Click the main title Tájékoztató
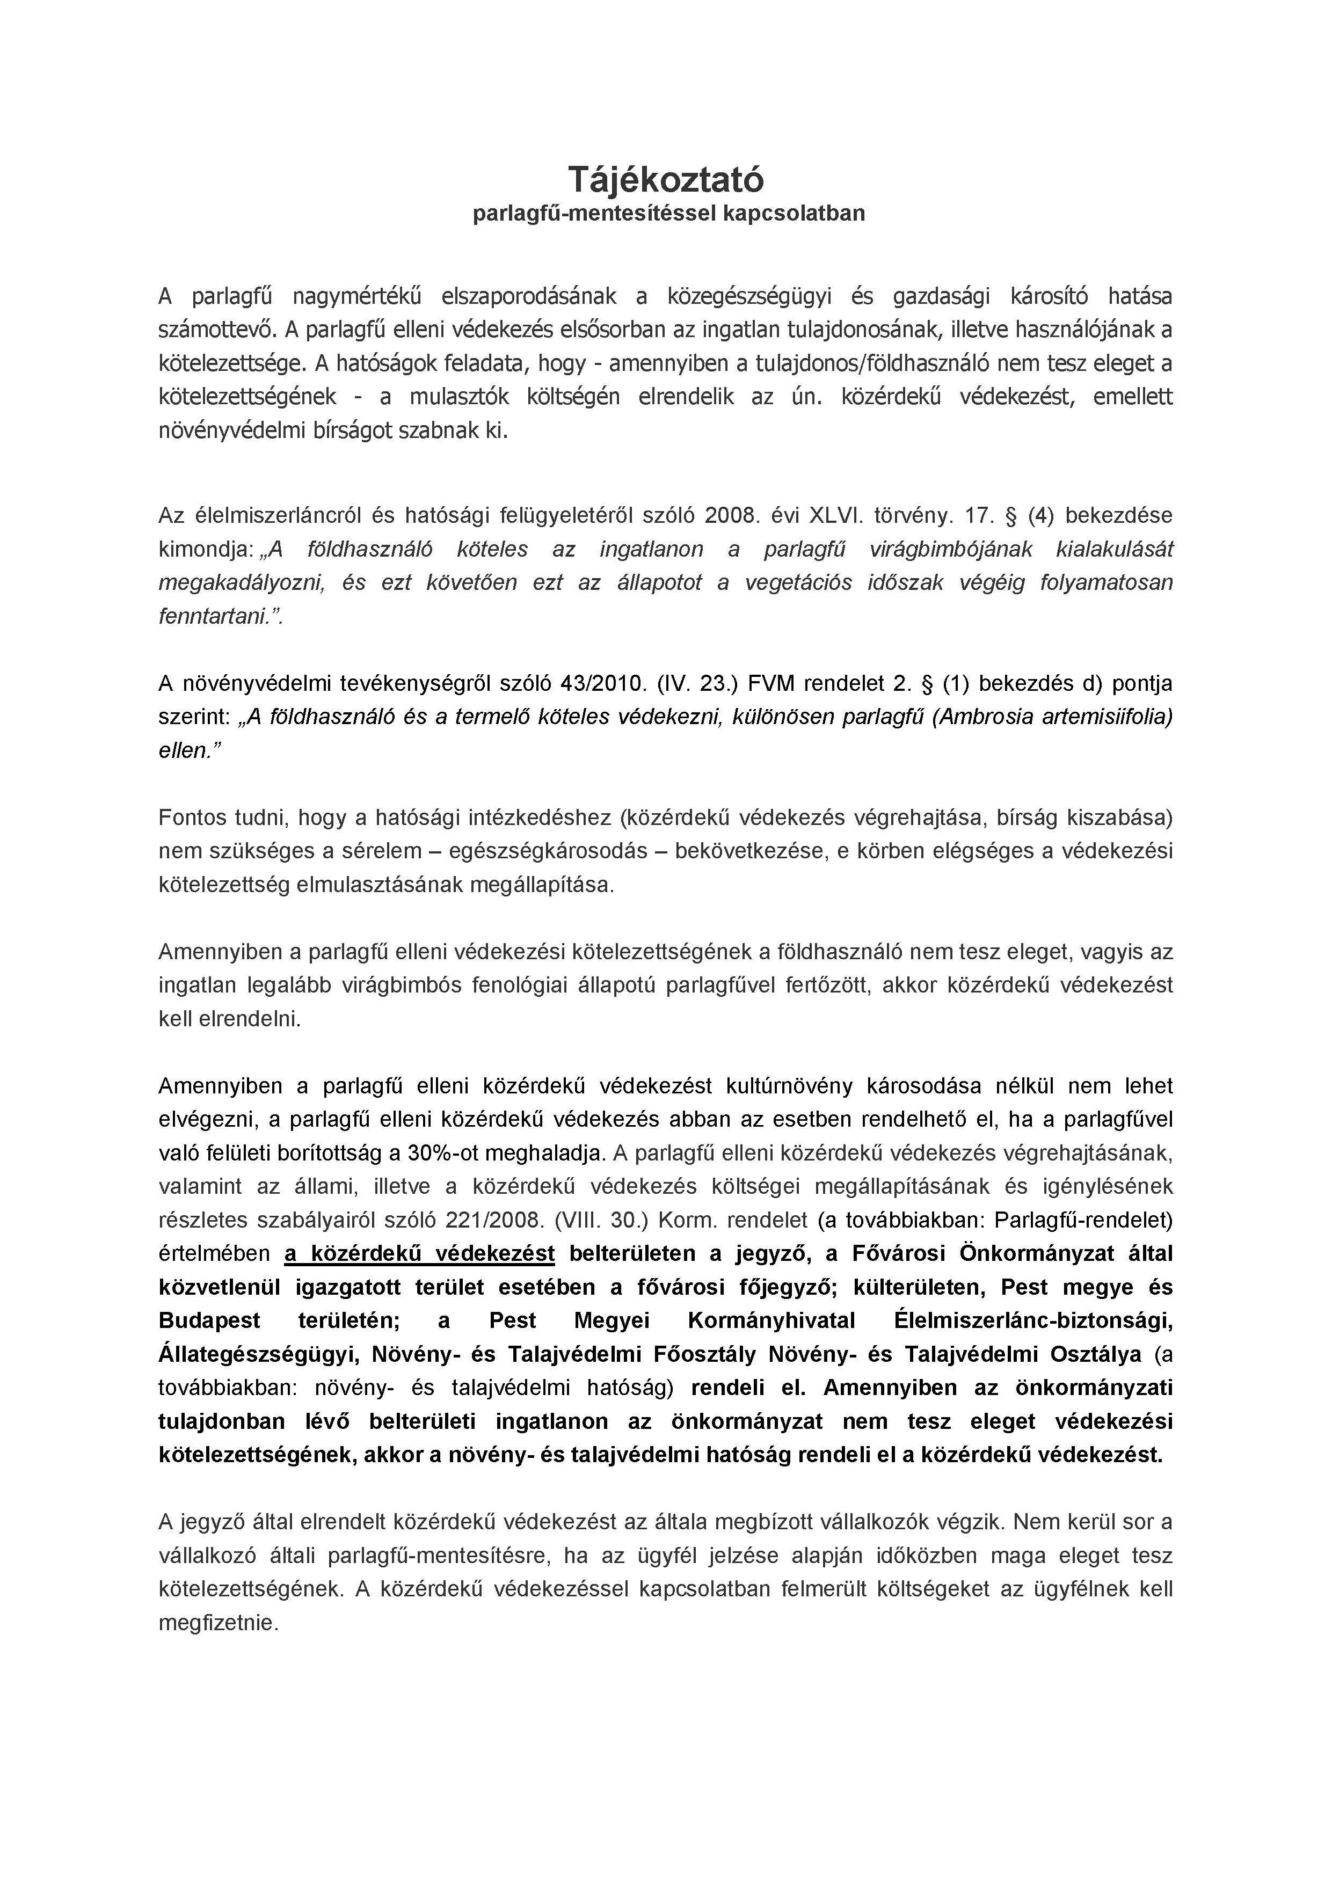click(665, 179)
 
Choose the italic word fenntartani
click(218, 616)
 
